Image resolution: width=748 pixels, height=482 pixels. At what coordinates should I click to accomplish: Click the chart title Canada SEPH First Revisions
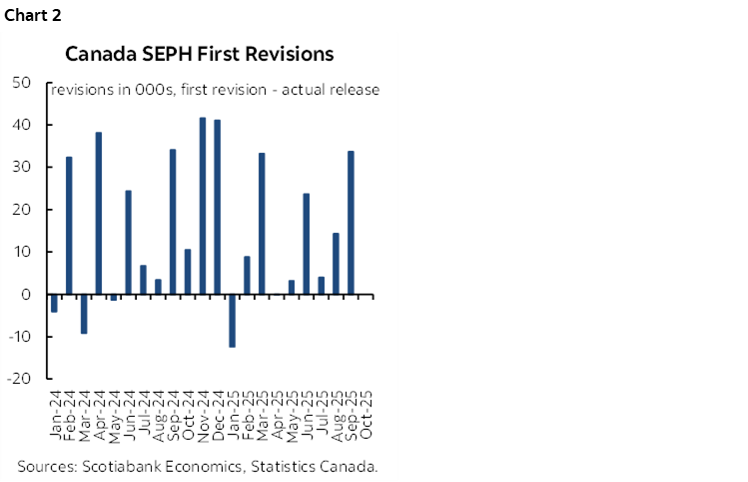coord(200,53)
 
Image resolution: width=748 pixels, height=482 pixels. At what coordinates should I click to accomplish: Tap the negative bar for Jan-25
coord(233,321)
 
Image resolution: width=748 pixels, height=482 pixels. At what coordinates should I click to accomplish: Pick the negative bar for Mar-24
coord(84,314)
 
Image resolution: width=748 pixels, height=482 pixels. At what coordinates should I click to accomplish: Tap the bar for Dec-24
coord(218,207)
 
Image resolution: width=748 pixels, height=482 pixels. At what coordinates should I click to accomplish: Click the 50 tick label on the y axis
coord(23,83)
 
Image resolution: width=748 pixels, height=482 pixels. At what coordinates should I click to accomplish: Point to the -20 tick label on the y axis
coord(21,380)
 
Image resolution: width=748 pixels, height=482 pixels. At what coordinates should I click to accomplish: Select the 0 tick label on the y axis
coord(28,295)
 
